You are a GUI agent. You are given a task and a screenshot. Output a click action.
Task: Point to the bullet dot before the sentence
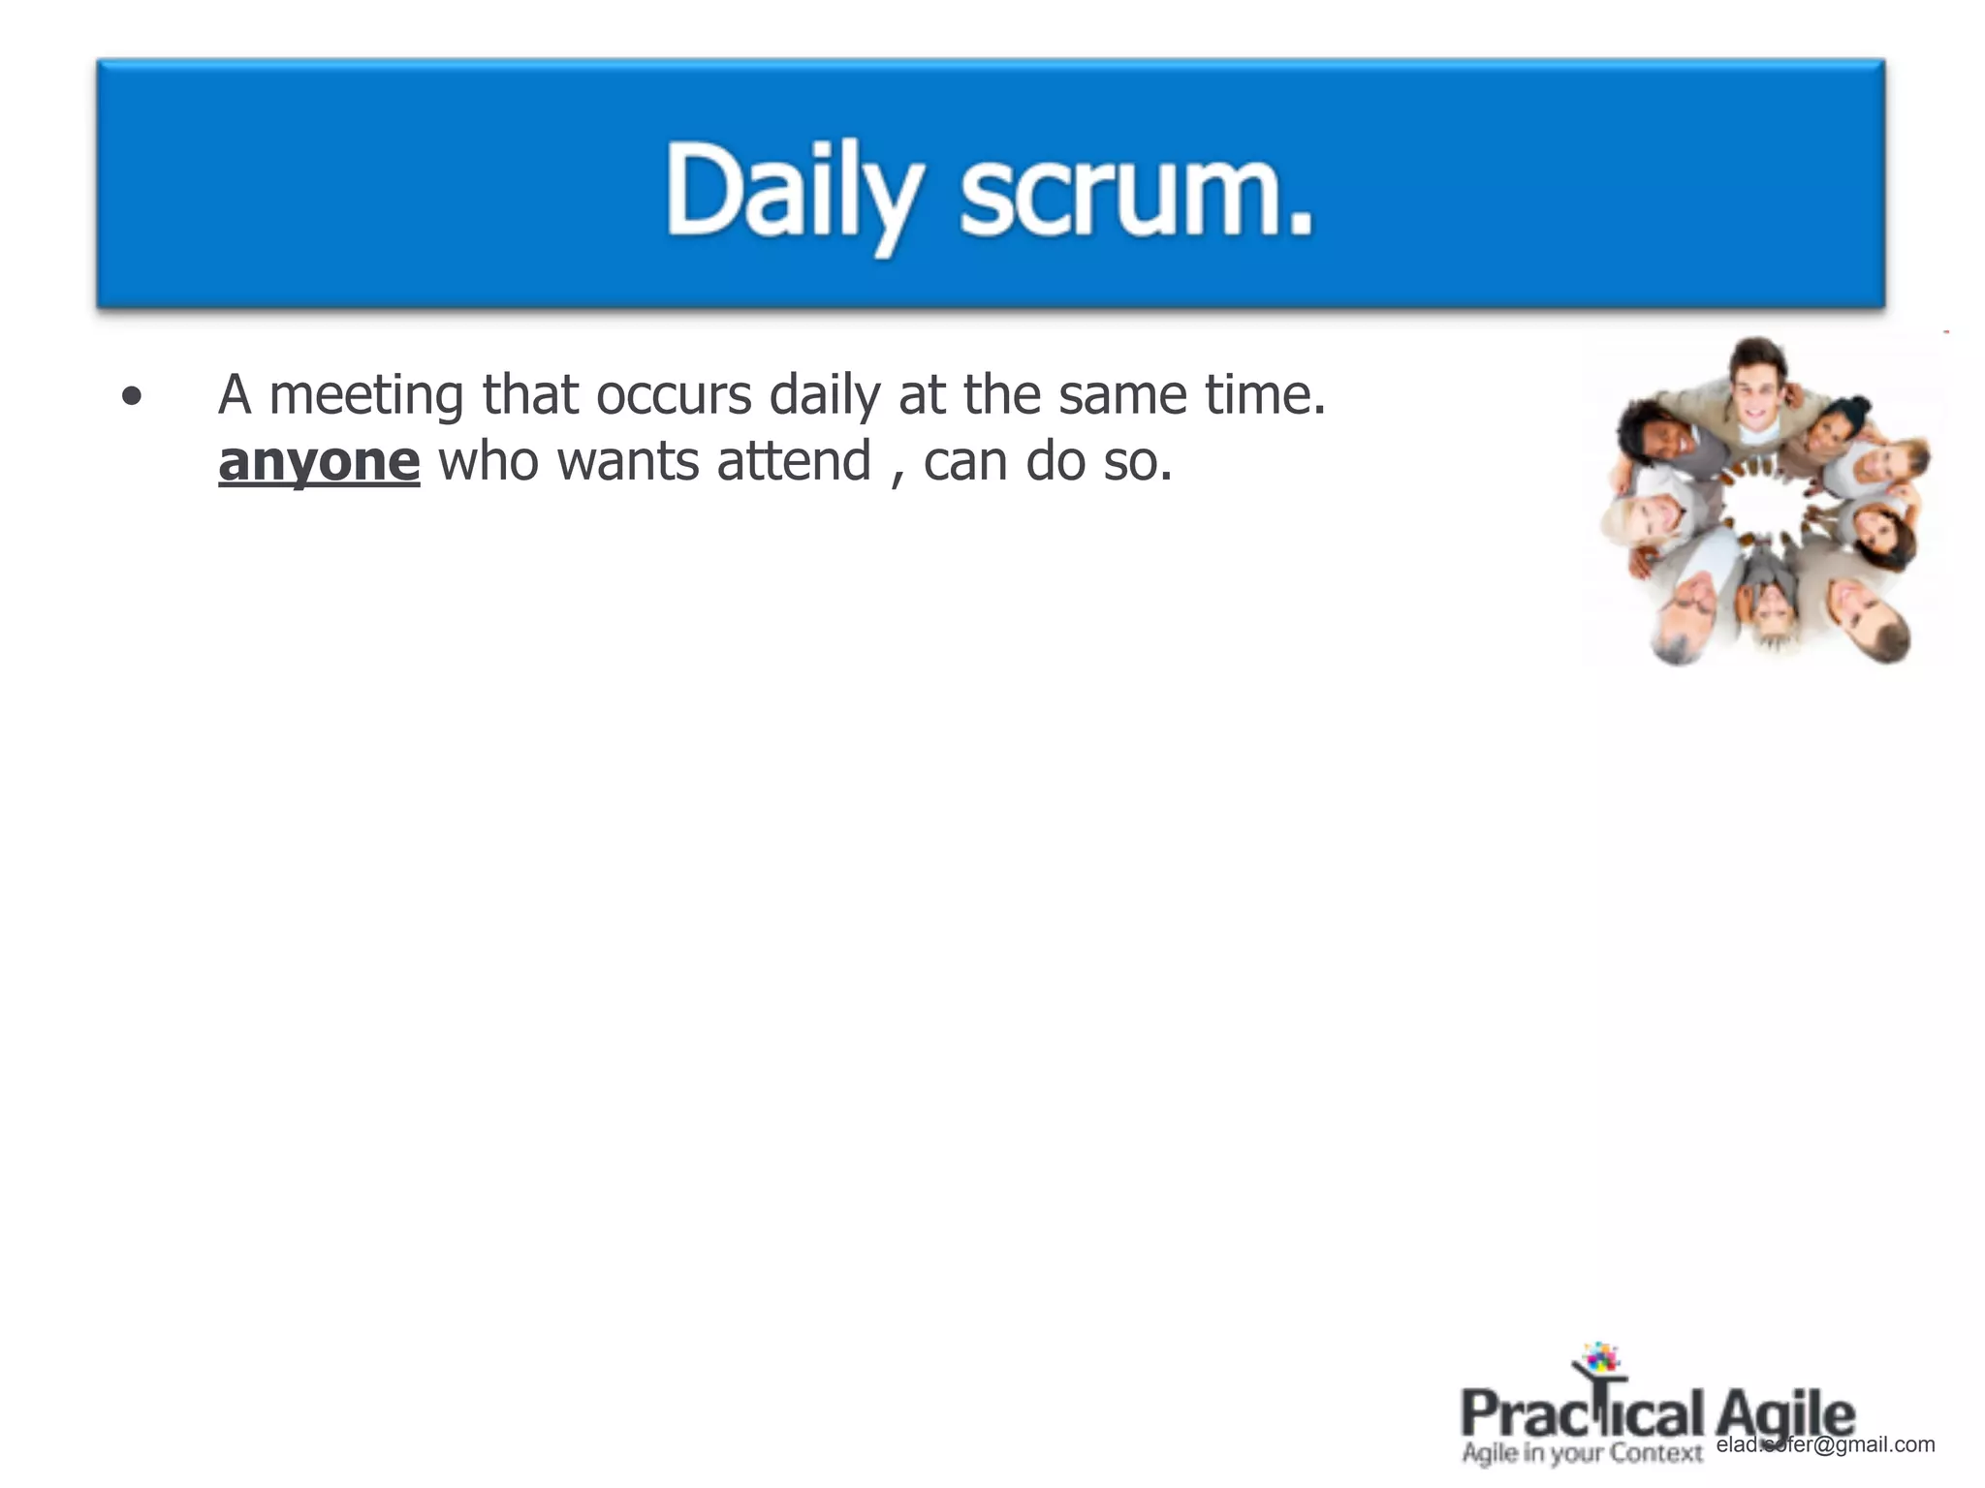click(x=132, y=396)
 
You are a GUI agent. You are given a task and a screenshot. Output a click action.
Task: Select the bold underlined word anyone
click(x=319, y=461)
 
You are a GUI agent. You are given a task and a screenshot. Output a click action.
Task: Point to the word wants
click(x=628, y=461)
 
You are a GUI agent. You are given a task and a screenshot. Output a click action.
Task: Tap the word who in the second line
click(x=488, y=461)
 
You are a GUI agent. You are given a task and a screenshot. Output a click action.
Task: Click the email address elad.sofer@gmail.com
click(x=1825, y=1444)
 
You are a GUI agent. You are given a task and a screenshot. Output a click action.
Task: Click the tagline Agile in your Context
click(x=1582, y=1453)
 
